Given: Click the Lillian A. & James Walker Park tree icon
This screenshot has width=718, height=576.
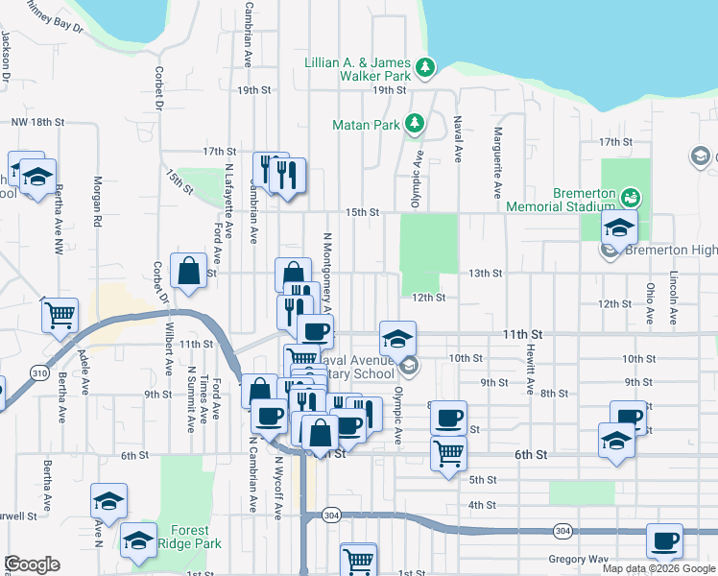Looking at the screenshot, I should [x=424, y=68].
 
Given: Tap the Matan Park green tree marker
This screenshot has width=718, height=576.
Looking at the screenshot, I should [x=414, y=124].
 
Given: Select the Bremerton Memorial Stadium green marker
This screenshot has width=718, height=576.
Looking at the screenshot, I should [x=631, y=198].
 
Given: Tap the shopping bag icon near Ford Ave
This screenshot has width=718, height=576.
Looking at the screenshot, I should [x=188, y=270].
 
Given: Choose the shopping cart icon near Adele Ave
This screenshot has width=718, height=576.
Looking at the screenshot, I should [x=60, y=315].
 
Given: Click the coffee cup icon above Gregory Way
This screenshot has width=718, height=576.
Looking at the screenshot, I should [x=664, y=540].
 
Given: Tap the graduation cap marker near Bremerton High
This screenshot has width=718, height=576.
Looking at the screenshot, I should [x=619, y=228].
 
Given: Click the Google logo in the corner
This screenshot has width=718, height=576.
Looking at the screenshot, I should [x=32, y=564].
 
